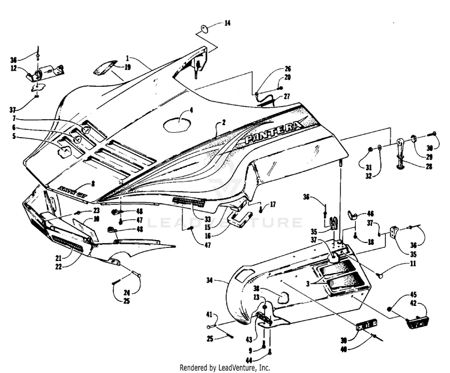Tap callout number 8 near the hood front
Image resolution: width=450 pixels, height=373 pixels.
92,184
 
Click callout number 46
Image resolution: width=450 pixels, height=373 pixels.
370,213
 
